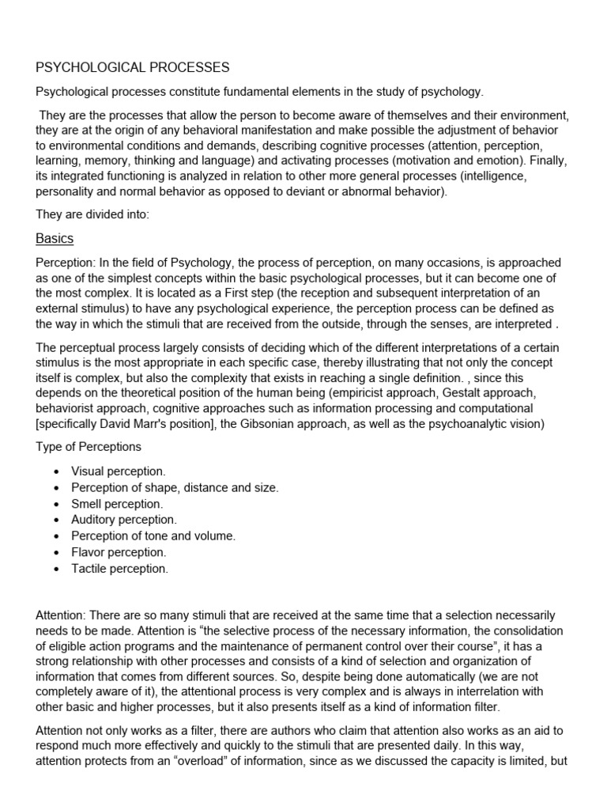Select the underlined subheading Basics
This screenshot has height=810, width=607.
coord(55,238)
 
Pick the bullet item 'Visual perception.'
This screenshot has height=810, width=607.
coord(119,471)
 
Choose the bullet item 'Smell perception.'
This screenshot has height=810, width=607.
coord(117,504)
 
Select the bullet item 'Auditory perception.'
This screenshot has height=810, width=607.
coord(124,520)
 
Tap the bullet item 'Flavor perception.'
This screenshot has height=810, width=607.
coord(119,552)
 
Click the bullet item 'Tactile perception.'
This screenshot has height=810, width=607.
coord(119,568)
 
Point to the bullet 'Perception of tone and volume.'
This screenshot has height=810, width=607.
coord(153,536)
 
